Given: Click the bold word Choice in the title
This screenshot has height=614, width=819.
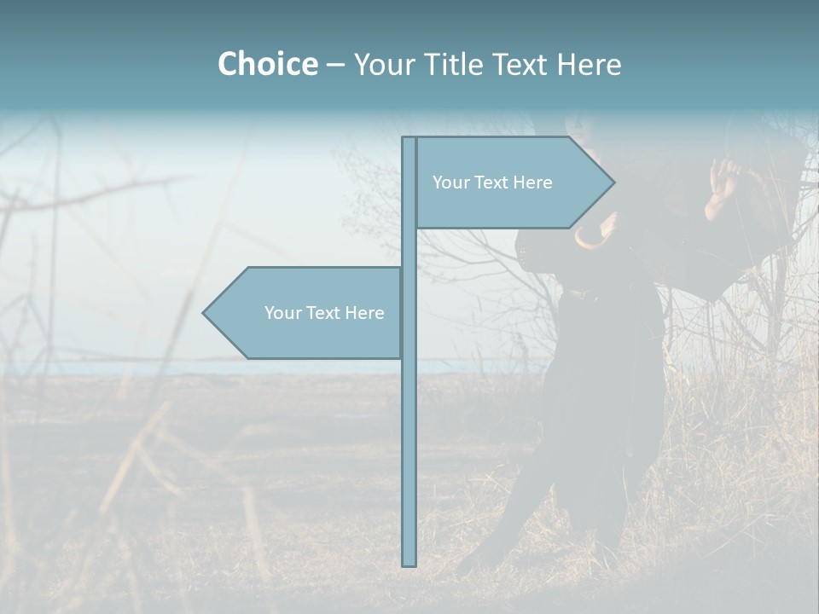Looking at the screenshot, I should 267,65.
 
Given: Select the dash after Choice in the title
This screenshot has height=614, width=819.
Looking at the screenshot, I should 335,65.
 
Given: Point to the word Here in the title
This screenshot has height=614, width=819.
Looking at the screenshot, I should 589,65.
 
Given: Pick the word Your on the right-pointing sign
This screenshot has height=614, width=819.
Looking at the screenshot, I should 450,182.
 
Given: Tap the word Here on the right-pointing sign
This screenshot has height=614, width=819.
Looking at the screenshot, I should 533,182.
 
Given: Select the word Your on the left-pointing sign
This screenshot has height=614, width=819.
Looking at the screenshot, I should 282,313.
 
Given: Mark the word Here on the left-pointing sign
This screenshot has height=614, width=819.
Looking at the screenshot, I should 365,313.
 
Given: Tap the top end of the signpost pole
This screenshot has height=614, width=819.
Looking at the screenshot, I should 409,139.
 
